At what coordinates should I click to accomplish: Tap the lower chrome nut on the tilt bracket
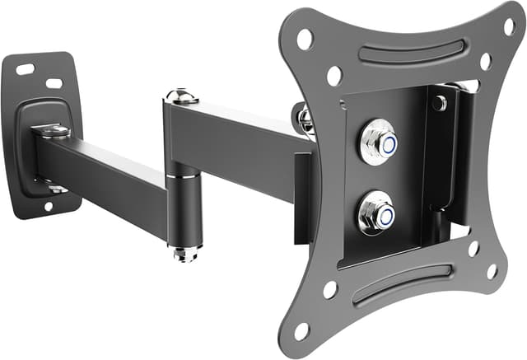click(376, 212)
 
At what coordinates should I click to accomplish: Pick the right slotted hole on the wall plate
click(54, 83)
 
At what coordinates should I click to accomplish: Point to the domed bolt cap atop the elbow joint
click(181, 96)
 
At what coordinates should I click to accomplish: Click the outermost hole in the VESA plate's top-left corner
click(305, 39)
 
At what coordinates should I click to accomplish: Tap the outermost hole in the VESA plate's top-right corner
click(509, 27)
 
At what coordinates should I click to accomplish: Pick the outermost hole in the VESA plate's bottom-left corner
click(302, 330)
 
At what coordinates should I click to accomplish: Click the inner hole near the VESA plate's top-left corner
click(333, 76)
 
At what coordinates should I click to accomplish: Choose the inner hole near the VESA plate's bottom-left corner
click(330, 290)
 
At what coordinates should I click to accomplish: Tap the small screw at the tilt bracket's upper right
click(441, 103)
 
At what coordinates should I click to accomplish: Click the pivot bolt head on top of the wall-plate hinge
click(51, 131)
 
